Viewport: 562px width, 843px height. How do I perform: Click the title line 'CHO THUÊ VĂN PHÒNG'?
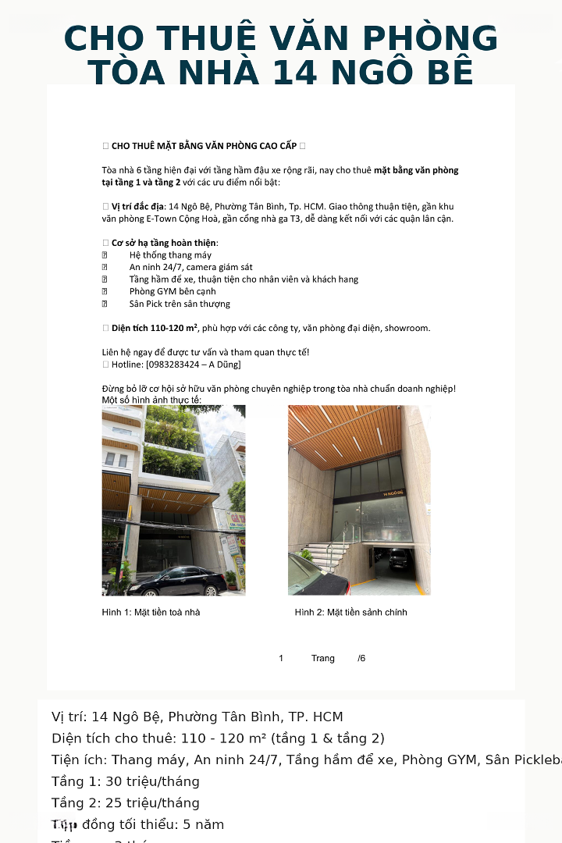tap(281, 39)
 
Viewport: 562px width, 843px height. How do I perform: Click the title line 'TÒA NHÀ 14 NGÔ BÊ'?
tap(281, 73)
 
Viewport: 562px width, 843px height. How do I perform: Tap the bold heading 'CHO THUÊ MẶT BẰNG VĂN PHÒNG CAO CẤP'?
tap(205, 146)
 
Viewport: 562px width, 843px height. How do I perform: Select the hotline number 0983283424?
tap(174, 365)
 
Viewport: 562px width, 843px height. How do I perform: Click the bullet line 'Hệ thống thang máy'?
tap(170, 255)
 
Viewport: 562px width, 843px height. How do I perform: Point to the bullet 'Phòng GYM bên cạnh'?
tap(173, 291)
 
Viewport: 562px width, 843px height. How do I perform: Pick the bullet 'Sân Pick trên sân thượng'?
tap(180, 304)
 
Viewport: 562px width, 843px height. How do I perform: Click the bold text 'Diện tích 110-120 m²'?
tap(155, 328)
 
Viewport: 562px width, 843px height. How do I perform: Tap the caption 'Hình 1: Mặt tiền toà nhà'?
tap(151, 612)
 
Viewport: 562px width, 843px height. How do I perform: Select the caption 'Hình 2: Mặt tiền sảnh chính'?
tap(350, 612)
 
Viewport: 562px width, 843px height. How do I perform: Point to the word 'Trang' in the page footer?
tap(322, 658)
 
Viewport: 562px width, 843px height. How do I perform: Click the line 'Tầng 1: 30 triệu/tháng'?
tap(126, 781)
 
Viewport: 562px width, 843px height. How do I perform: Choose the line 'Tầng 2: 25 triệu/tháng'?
tap(126, 803)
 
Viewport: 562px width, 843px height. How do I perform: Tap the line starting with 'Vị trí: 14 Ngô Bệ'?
tap(197, 717)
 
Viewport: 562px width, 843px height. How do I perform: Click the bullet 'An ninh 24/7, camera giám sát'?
tap(190, 267)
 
